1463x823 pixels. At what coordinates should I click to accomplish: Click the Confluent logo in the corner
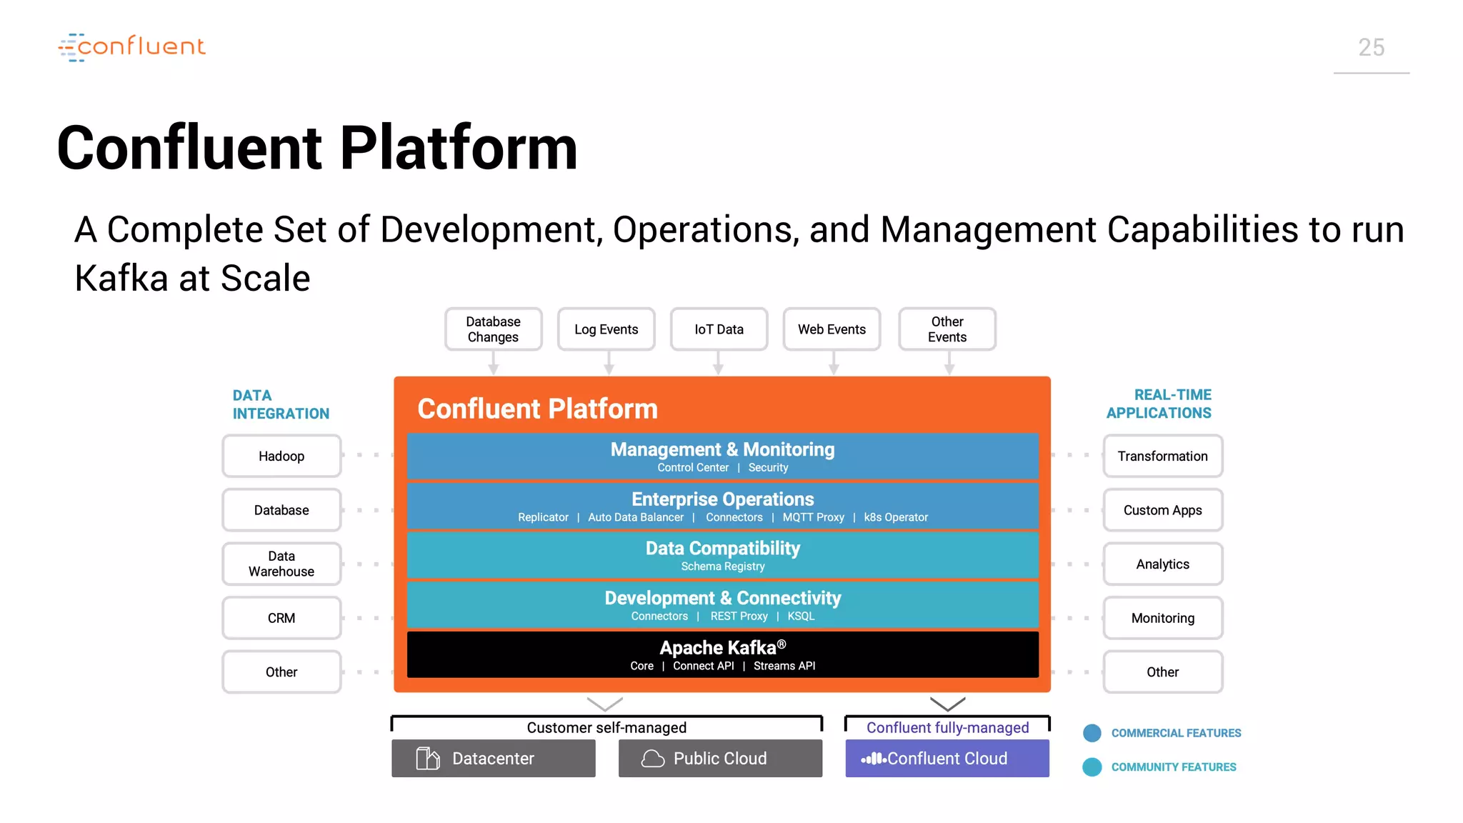[x=132, y=47]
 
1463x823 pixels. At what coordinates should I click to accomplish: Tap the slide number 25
[x=1371, y=48]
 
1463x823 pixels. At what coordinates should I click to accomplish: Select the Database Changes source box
[x=493, y=329]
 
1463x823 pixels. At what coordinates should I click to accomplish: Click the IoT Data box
[x=719, y=329]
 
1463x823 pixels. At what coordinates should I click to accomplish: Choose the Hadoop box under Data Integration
[x=281, y=456]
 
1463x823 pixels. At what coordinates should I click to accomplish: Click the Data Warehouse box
[x=281, y=564]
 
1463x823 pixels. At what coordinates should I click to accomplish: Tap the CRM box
[x=281, y=618]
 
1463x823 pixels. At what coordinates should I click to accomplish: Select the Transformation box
[x=1162, y=456]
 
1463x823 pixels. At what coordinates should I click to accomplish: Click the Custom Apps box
[x=1162, y=510]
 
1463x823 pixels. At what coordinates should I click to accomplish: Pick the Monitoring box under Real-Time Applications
[x=1162, y=618]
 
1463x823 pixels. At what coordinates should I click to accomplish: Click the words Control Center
[x=693, y=468]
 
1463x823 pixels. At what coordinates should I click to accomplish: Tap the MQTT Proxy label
[x=813, y=517]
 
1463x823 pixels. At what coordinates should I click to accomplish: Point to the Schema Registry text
[x=722, y=567]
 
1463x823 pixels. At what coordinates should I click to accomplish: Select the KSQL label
[x=801, y=617]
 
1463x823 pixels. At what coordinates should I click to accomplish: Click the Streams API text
[x=784, y=666]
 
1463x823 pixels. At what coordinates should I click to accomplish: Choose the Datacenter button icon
[x=428, y=758]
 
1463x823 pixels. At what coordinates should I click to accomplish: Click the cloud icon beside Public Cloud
[x=652, y=758]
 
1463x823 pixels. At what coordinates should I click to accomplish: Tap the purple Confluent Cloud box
[x=947, y=758]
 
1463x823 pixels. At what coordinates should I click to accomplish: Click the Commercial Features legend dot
[x=1092, y=733]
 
